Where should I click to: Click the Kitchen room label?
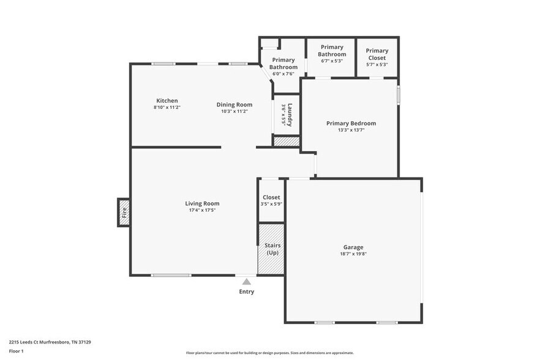coord(167,101)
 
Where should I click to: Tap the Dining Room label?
coord(234,105)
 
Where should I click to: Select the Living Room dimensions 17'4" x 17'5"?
coord(202,210)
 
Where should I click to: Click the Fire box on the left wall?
coord(124,212)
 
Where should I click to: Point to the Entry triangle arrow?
coord(246,282)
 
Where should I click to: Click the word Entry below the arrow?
coord(246,291)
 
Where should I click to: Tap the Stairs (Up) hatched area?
coord(272,249)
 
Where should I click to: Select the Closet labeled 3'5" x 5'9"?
coord(271,200)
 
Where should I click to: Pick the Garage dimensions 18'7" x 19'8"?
coord(353,253)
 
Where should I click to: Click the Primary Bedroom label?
coord(351,123)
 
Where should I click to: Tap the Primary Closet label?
coord(377,54)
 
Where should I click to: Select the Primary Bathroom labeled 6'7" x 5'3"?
coord(331,54)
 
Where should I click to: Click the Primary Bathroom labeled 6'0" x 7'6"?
coord(283,64)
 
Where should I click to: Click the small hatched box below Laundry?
coord(286,141)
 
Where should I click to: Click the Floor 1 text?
coord(16,351)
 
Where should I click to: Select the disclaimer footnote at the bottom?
coord(269,353)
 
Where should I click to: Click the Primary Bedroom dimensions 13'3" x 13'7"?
coord(351,130)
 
